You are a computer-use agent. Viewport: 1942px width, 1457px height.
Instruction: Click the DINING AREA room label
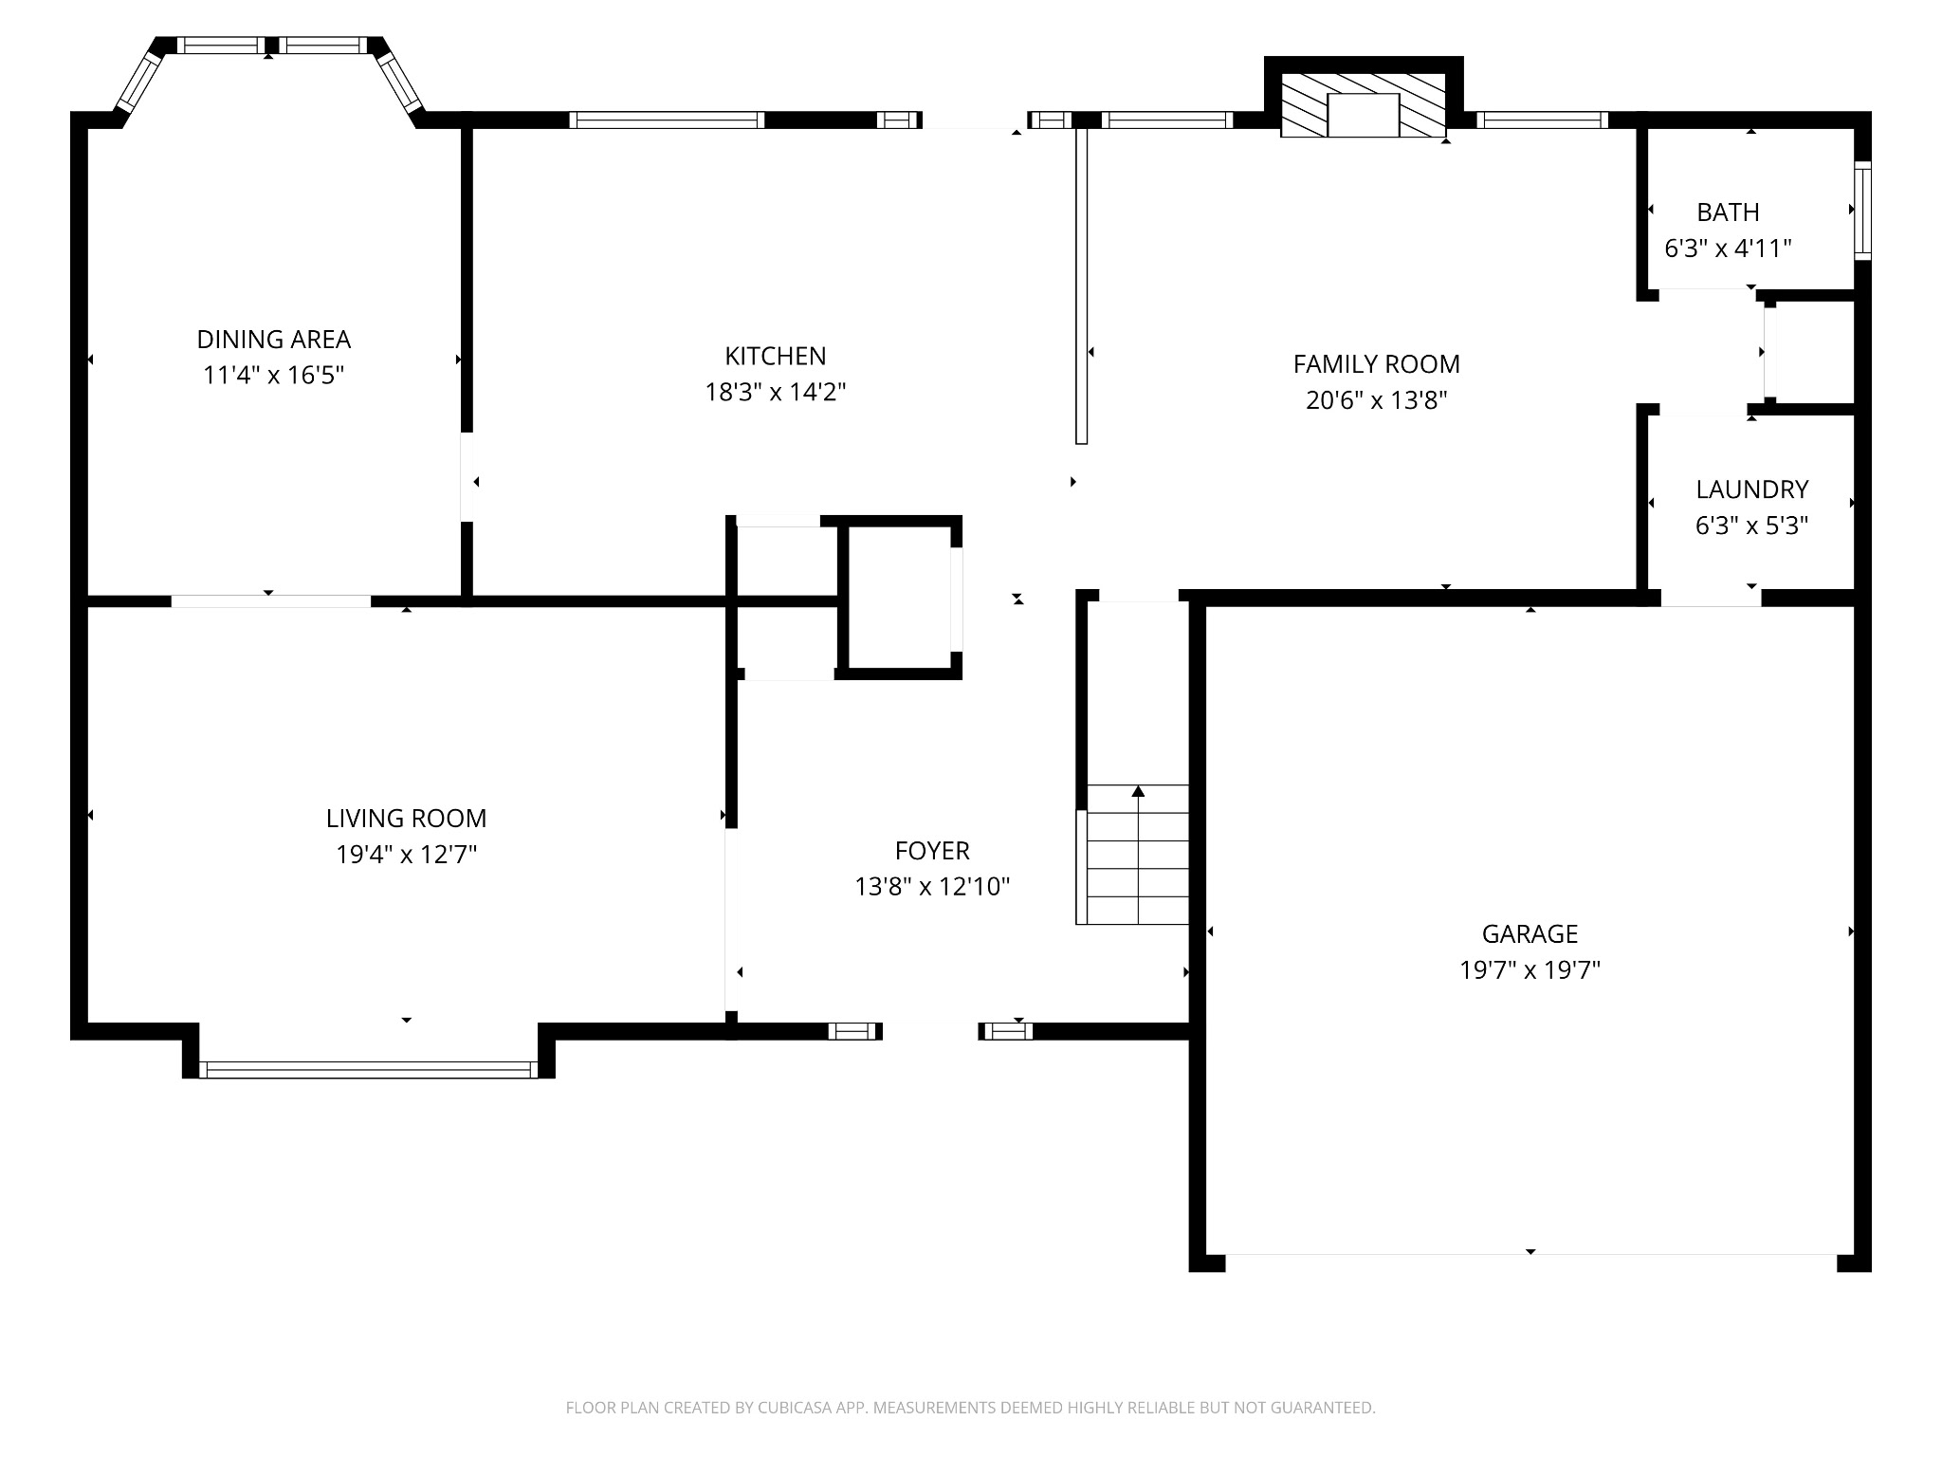click(x=273, y=339)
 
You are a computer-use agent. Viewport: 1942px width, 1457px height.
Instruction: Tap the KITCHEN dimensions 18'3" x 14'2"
click(x=775, y=392)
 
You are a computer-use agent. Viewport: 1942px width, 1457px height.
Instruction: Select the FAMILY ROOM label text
click(x=1376, y=363)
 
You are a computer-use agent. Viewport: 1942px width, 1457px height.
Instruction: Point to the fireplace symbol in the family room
click(x=1363, y=106)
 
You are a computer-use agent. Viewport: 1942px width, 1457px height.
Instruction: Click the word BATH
click(x=1728, y=212)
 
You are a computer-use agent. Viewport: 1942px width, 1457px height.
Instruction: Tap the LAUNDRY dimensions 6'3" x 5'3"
click(x=1751, y=526)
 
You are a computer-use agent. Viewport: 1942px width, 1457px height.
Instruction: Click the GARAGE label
click(x=1530, y=934)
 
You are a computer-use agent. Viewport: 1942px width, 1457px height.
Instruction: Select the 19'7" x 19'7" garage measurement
click(x=1530, y=970)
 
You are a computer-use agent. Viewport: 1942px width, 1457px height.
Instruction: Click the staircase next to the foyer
click(x=1135, y=855)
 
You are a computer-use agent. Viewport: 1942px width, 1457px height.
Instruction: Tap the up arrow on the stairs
click(x=1138, y=792)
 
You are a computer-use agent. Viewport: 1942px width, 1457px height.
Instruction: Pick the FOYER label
click(x=932, y=851)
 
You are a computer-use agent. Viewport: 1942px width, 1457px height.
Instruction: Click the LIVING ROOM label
click(x=406, y=818)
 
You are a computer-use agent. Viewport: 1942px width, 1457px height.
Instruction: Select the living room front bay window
click(x=368, y=1069)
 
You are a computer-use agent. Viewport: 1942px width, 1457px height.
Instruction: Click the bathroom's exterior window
click(x=1862, y=211)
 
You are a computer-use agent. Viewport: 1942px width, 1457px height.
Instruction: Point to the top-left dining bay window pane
click(x=139, y=82)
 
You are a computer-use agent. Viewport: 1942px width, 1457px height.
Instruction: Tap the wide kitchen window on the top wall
click(x=667, y=120)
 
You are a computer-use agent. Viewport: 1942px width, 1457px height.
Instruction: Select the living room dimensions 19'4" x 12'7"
click(x=406, y=855)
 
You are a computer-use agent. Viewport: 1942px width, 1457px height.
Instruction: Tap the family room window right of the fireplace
click(x=1542, y=120)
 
